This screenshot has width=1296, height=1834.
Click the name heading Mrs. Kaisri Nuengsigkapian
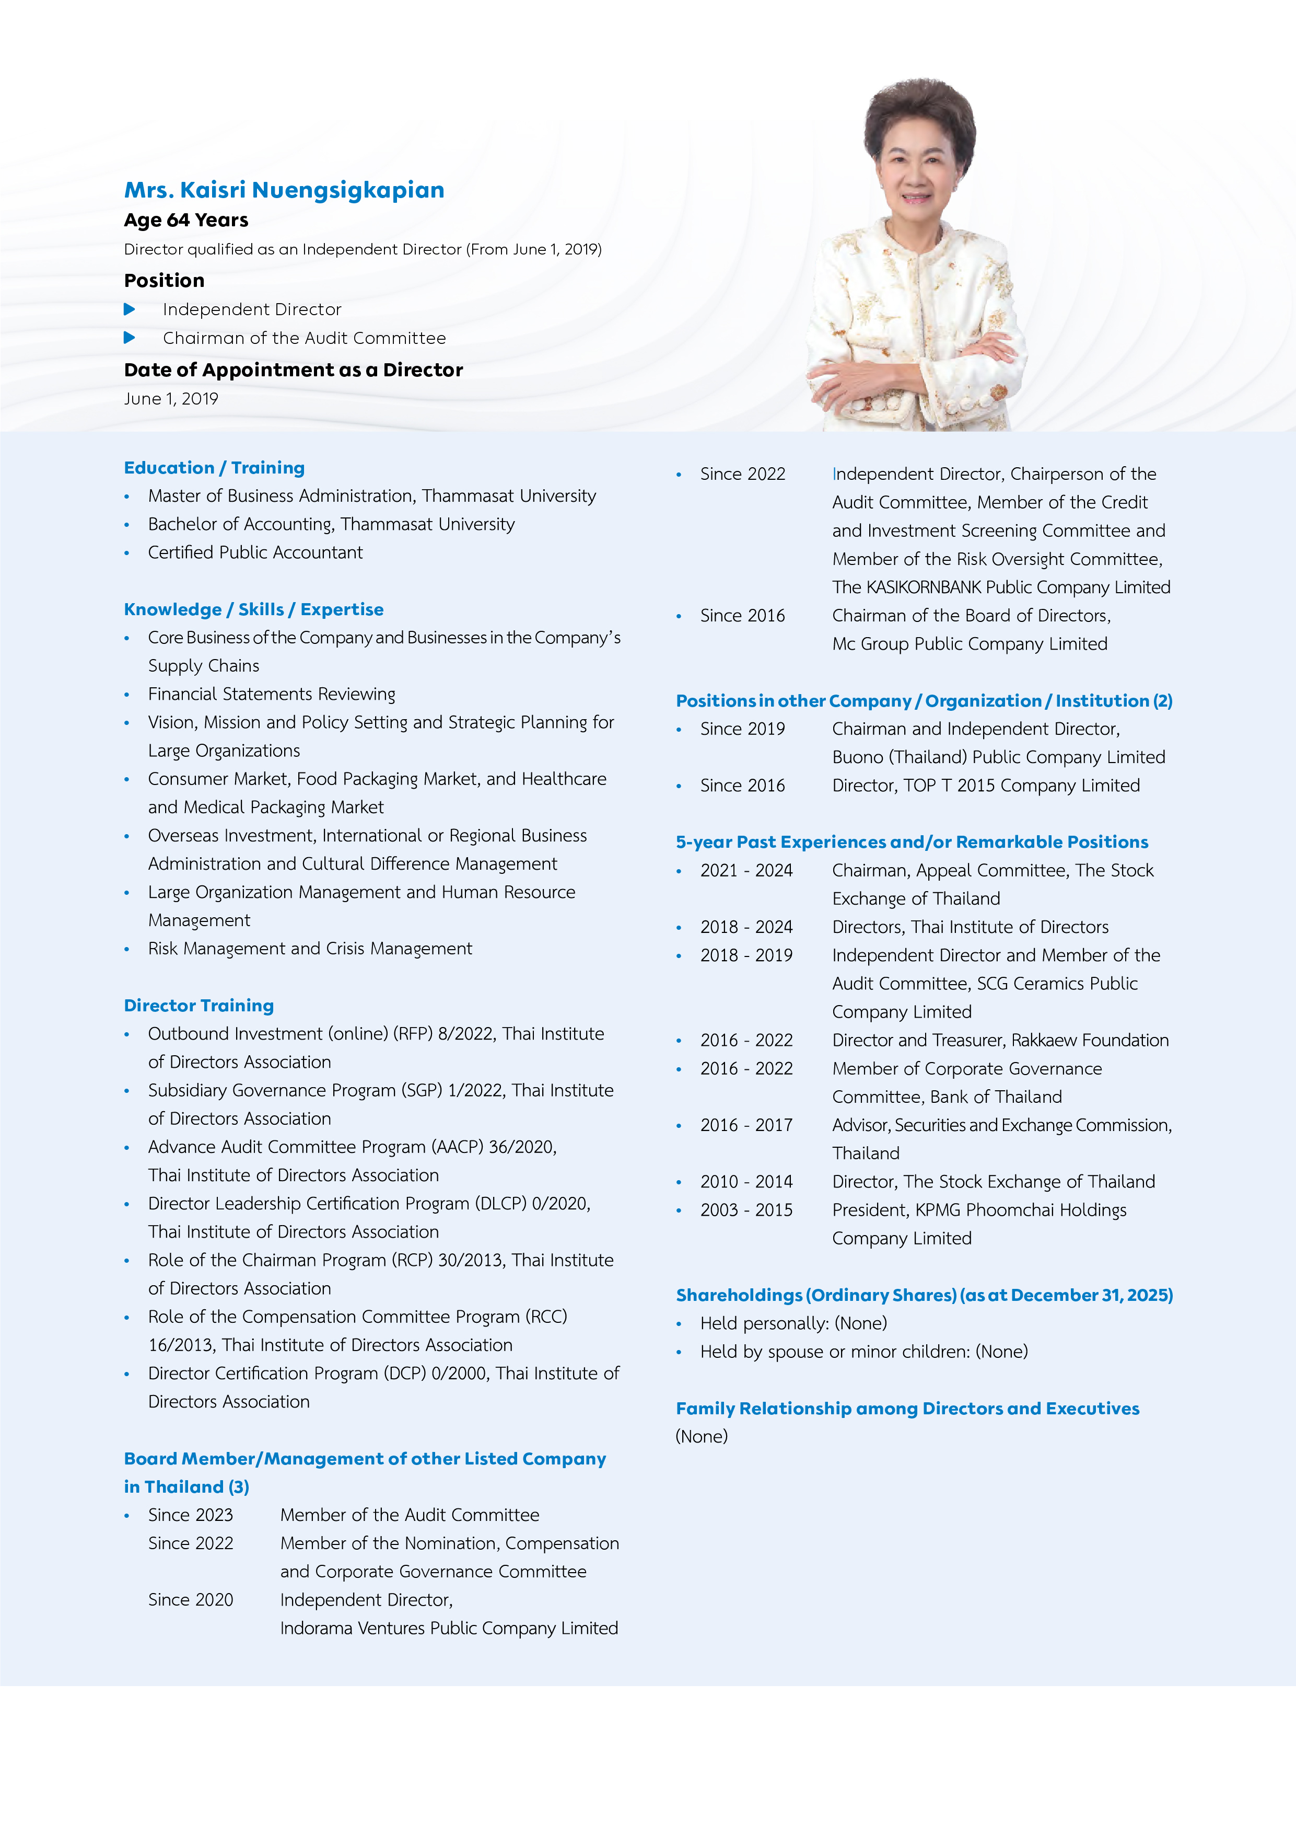coord(284,190)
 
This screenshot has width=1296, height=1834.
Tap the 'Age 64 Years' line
coord(186,221)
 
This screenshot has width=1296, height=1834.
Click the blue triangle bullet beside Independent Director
coord(130,309)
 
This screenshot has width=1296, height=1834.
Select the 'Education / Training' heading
coord(214,468)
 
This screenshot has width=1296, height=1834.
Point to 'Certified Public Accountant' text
coord(255,553)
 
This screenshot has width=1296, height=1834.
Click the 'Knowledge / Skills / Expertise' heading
coord(253,609)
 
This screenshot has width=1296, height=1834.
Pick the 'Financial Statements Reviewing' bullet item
coord(272,694)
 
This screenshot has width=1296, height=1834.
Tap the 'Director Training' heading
coord(199,1006)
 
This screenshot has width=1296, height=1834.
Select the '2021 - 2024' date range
coord(746,871)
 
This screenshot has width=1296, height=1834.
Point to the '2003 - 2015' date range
coord(746,1210)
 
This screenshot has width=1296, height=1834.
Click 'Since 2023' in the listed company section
coord(190,1515)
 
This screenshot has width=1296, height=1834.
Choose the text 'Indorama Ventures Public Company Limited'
coord(449,1629)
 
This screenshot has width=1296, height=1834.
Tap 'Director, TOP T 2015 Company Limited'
coord(985,786)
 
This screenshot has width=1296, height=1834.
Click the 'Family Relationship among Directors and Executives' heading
coord(907,1409)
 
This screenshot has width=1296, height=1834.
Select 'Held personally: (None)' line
coord(793,1323)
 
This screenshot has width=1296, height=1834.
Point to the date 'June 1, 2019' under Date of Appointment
coord(171,399)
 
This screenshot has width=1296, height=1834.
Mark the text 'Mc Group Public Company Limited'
coord(970,644)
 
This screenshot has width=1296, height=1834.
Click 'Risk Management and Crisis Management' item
coord(310,949)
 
